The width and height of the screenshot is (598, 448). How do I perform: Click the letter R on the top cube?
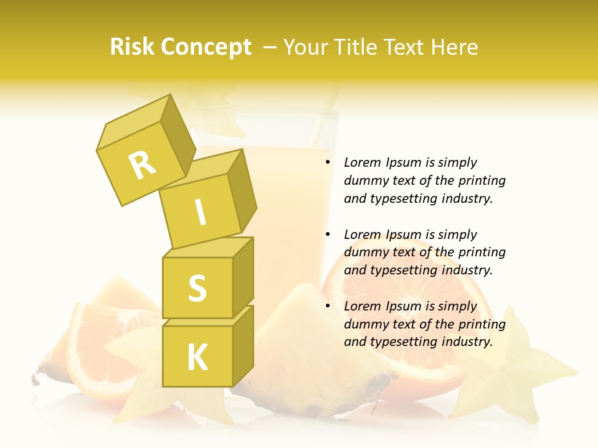pos(142,165)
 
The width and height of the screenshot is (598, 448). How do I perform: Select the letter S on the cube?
pos(197,288)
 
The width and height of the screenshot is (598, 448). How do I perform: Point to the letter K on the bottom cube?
pos(197,357)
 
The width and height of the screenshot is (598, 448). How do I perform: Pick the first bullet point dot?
pos(327,163)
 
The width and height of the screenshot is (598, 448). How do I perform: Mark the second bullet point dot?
pos(327,235)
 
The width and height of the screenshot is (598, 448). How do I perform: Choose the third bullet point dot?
pos(327,306)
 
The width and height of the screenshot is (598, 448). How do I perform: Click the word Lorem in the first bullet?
pos(361,162)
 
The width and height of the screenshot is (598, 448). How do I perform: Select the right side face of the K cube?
pos(243,345)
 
